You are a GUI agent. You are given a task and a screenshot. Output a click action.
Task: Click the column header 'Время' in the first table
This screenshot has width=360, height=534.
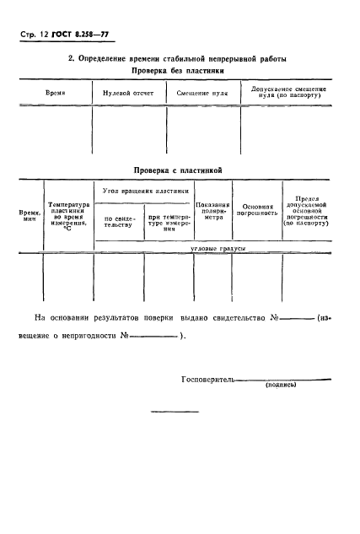coord(55,91)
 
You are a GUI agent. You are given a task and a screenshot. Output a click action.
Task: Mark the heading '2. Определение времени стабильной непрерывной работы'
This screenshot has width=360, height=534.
coord(177,58)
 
